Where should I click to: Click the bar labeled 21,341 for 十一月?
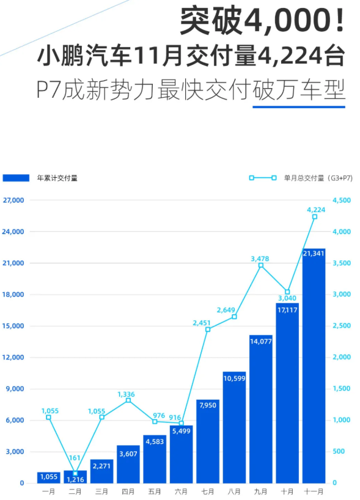[314, 367]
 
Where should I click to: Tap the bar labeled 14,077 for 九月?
[261, 410]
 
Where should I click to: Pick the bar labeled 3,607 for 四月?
[128, 465]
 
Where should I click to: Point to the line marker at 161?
[75, 473]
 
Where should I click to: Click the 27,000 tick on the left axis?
[13, 200]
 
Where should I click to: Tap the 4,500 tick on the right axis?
[341, 200]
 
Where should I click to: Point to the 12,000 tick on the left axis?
[13, 358]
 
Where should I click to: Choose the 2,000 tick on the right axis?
[341, 358]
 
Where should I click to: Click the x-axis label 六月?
[181, 491]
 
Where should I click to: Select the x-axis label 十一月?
[314, 491]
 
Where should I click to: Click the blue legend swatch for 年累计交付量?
[16, 178]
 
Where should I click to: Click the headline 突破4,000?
[263, 21]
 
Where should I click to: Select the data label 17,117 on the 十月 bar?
[287, 310]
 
